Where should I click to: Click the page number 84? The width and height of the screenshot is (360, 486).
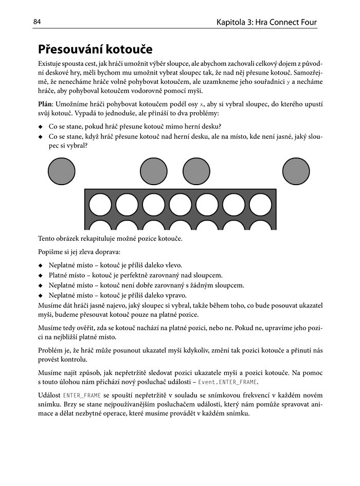[x=37, y=22]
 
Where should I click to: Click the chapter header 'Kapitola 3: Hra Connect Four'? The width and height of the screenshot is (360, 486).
[x=266, y=22]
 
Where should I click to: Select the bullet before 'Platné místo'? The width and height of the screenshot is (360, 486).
[x=41, y=276]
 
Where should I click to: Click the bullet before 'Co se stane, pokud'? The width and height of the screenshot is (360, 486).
[x=41, y=127]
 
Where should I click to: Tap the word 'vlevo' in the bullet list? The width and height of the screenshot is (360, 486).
[x=172, y=266]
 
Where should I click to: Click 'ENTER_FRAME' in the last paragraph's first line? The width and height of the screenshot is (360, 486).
[x=81, y=395]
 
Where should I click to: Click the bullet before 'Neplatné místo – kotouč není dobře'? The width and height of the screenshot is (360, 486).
[x=41, y=286]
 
